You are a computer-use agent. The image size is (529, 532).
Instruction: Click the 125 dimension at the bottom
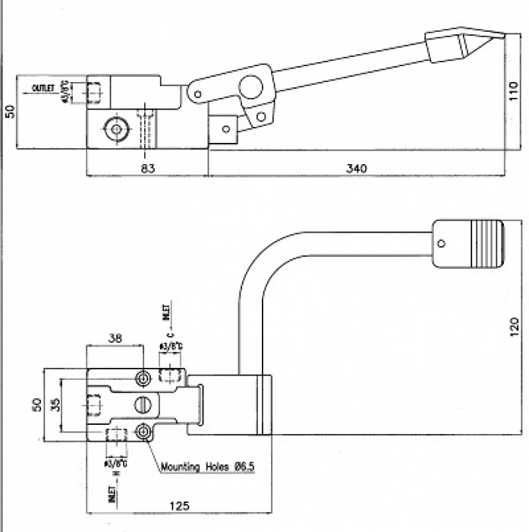point(178,505)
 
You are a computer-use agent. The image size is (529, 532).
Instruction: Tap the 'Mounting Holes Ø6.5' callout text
point(206,467)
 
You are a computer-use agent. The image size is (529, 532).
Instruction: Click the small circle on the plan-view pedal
point(440,243)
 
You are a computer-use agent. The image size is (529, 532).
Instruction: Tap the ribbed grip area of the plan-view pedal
point(486,243)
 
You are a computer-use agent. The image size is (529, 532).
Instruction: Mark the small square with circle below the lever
point(225,128)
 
